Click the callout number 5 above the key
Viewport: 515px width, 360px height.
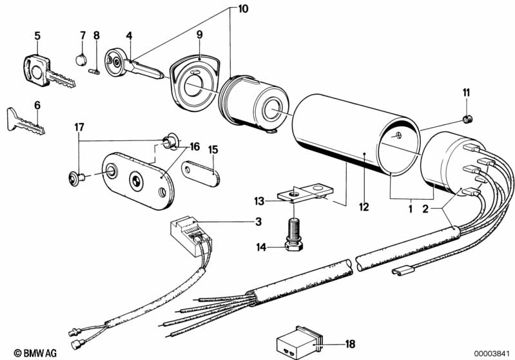click(x=37, y=35)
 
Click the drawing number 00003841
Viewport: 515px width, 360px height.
click(x=493, y=353)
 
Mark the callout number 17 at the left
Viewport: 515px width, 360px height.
click(x=79, y=127)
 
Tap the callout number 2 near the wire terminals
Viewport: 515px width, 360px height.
click(x=425, y=207)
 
